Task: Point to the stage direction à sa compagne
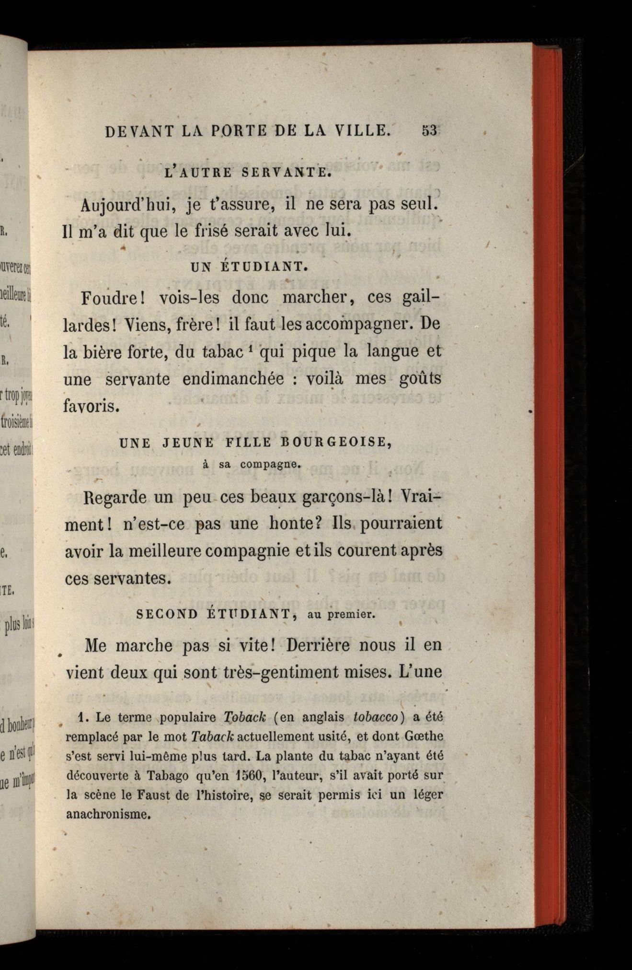[252, 464]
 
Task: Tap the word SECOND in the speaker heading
[167, 614]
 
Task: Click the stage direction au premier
[341, 615]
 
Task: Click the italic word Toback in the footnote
[244, 717]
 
